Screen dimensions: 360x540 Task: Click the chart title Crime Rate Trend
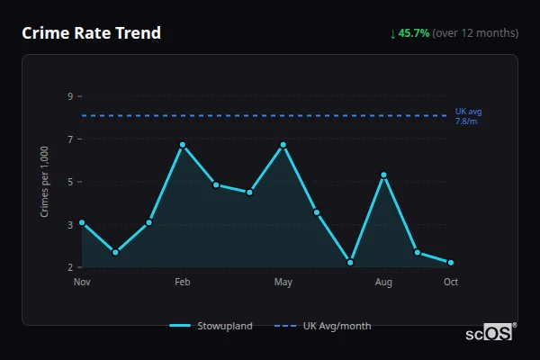[91, 33]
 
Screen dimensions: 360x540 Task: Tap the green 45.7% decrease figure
[413, 33]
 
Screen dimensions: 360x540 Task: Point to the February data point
[183, 145]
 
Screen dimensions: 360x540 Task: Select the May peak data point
[283, 145]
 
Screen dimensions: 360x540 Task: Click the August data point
[384, 175]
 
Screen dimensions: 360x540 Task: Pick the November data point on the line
[82, 222]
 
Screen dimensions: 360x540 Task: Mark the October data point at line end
[451, 263]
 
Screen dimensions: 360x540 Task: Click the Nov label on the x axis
[82, 283]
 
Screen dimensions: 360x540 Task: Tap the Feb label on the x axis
[183, 283]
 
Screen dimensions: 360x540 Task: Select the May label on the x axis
[283, 283]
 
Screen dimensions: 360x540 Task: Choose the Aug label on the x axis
[384, 283]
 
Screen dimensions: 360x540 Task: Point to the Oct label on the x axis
[451, 283]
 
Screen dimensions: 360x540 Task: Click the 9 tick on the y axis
[69, 96]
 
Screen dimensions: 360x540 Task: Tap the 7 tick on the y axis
[69, 139]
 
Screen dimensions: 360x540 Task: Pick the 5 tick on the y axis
[69, 182]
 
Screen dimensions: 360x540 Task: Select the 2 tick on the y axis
[69, 267]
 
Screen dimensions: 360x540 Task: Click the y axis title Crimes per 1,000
[45, 182]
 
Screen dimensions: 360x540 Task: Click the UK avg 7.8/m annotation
[468, 116]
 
